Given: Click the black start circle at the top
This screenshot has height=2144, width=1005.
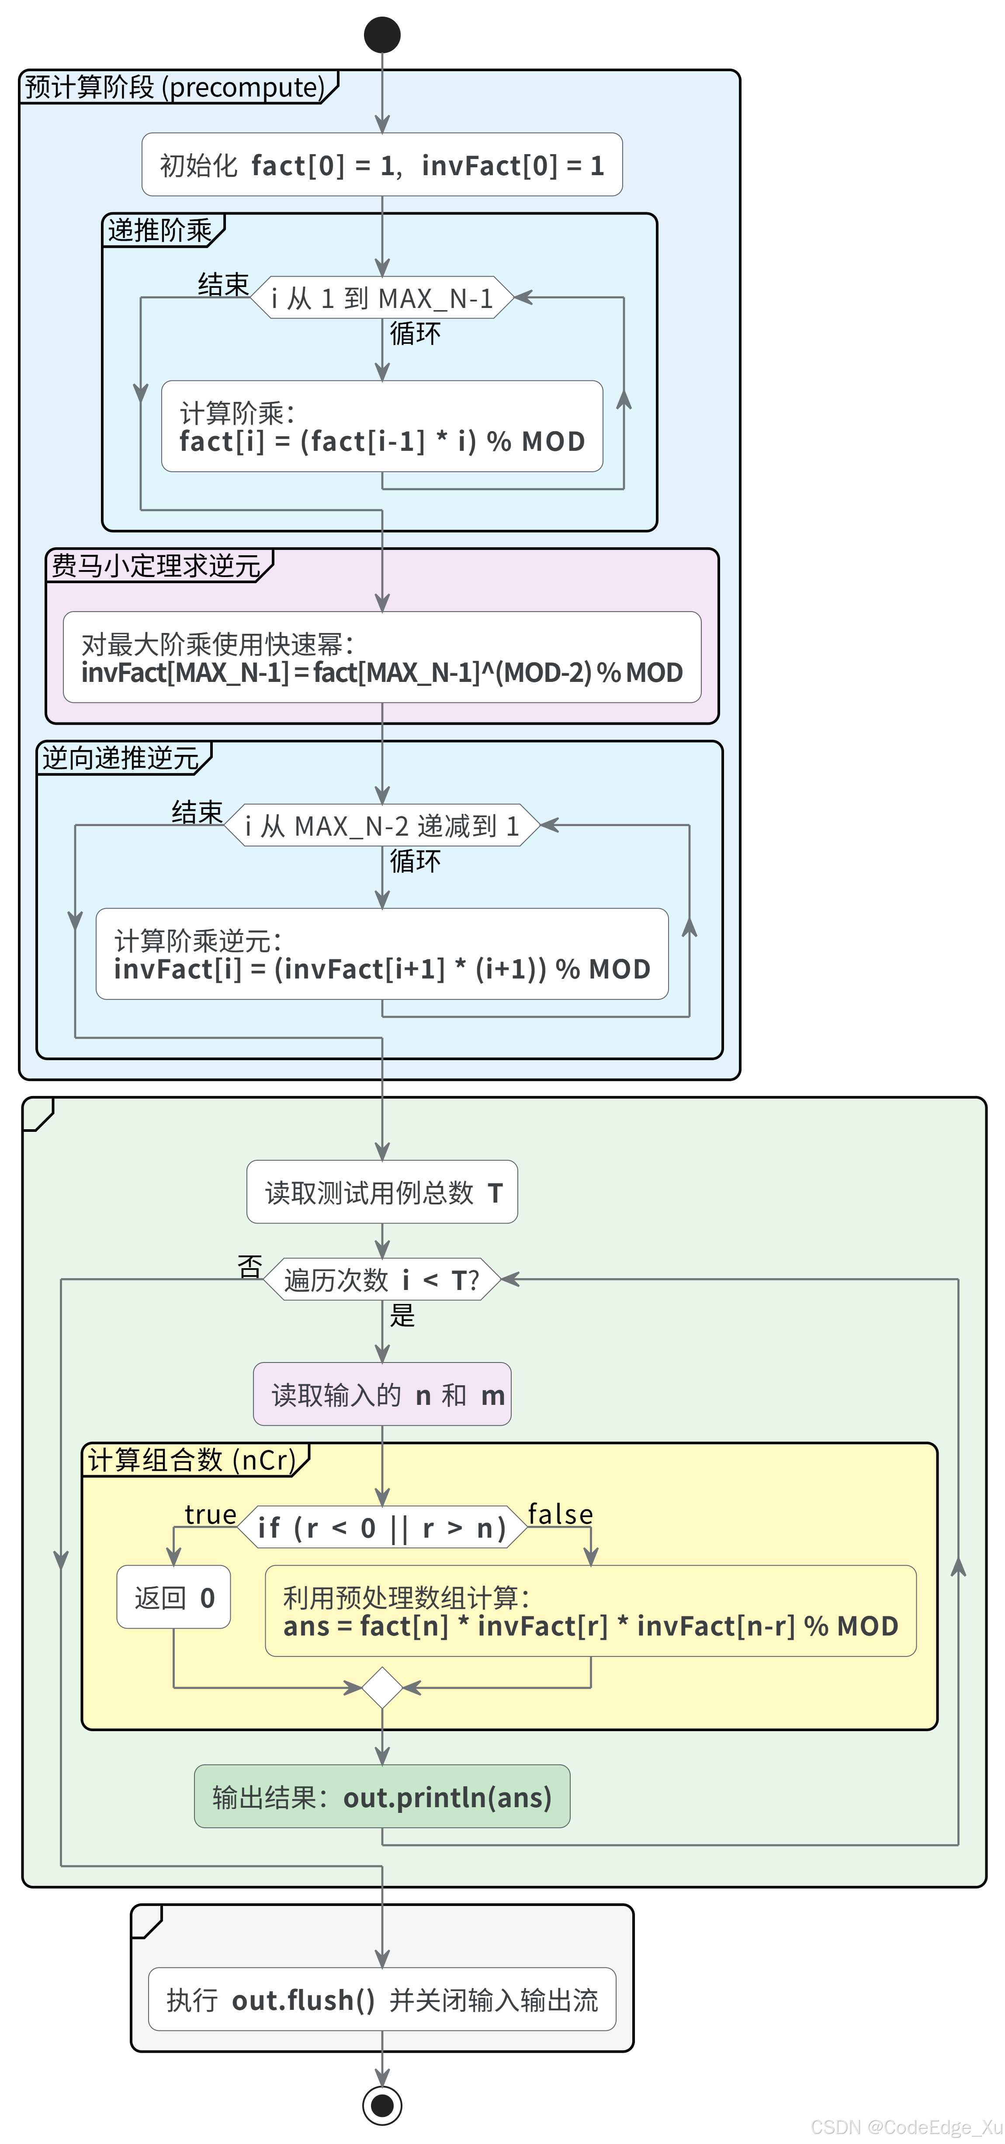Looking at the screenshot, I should [x=382, y=35].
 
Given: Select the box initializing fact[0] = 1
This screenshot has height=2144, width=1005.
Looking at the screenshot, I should [x=382, y=165].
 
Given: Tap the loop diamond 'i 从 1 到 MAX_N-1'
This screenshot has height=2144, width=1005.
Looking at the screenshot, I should [x=382, y=298].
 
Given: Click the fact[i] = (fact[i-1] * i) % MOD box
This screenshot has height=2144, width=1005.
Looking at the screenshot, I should [x=382, y=426].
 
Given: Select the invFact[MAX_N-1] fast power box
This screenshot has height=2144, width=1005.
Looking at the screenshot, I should [x=382, y=657].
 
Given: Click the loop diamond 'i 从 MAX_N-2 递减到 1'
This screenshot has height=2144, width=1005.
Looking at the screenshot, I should [x=382, y=826].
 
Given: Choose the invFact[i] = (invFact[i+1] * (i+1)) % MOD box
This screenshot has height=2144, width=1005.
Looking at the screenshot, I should [x=382, y=954].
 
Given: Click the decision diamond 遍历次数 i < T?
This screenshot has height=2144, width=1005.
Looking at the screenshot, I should [x=382, y=1279].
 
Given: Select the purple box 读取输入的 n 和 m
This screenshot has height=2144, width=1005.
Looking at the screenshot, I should [x=382, y=1394].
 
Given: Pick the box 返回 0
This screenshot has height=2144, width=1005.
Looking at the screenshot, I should [x=173, y=1597].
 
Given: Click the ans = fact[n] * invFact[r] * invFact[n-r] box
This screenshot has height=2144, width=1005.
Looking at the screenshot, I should [x=590, y=1611].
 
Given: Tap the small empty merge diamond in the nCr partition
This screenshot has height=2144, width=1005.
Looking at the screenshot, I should [x=382, y=1688].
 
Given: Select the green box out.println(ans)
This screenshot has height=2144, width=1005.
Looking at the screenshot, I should [x=382, y=1797].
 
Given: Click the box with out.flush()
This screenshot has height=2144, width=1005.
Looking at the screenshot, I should [x=382, y=1999].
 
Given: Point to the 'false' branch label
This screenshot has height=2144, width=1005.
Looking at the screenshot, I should [x=560, y=1514].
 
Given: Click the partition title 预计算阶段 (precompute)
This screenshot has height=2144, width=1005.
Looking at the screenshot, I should [x=175, y=86].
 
